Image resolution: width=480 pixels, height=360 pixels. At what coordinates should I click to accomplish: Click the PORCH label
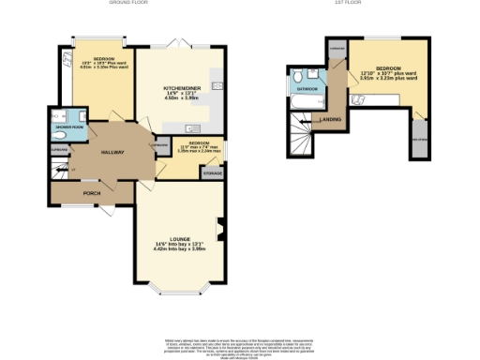point(92,193)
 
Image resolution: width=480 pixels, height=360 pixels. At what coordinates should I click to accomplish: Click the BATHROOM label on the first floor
point(307,89)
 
